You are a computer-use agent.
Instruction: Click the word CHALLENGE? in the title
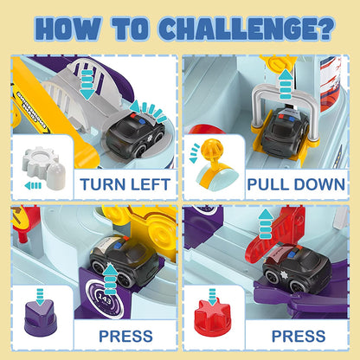247,29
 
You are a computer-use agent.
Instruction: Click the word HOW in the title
69,29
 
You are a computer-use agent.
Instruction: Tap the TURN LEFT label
125,184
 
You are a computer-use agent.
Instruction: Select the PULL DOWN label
296,184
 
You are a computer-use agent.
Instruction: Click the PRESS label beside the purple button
125,337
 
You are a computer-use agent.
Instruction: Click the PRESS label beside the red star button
299,337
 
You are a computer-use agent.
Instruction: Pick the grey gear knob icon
44,167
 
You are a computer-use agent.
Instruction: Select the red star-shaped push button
213,318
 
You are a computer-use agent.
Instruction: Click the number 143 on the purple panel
104,299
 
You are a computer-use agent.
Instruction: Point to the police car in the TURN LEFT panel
135,134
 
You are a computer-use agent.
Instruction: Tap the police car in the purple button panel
124,260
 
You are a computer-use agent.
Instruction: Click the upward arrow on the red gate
266,224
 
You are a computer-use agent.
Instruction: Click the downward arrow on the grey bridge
87,84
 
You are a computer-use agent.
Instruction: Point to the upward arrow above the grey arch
286,85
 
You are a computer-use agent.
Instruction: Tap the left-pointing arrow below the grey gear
33,185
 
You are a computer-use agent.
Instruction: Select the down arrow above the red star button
212,297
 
